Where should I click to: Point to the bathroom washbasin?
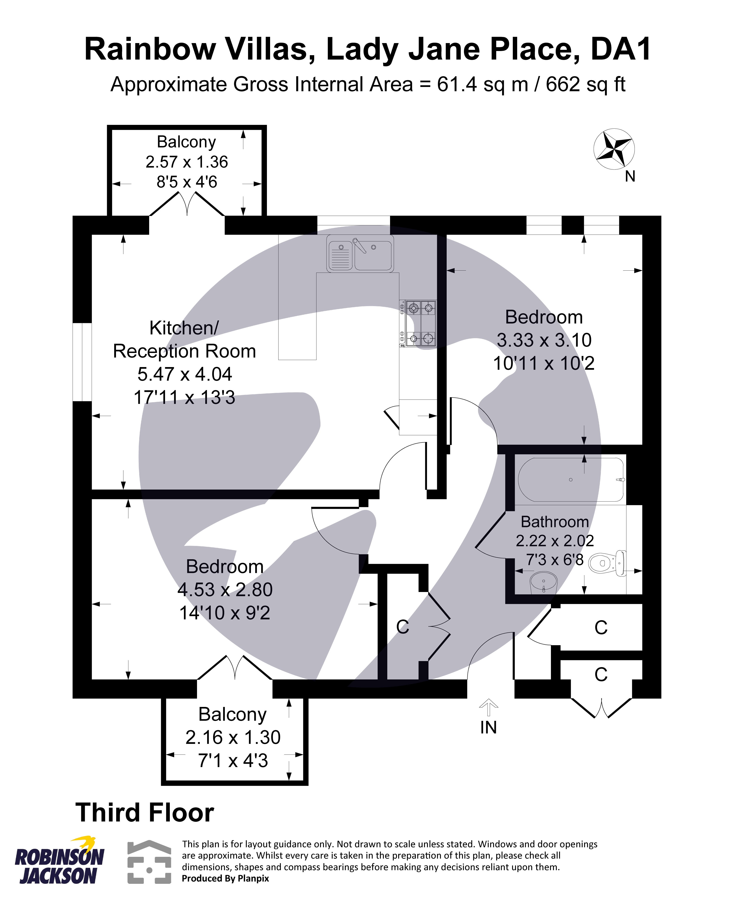click(544, 582)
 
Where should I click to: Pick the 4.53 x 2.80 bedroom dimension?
click(225, 590)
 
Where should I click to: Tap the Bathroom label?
click(555, 522)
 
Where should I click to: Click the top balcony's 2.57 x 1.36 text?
click(187, 162)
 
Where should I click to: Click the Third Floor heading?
click(145, 813)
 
